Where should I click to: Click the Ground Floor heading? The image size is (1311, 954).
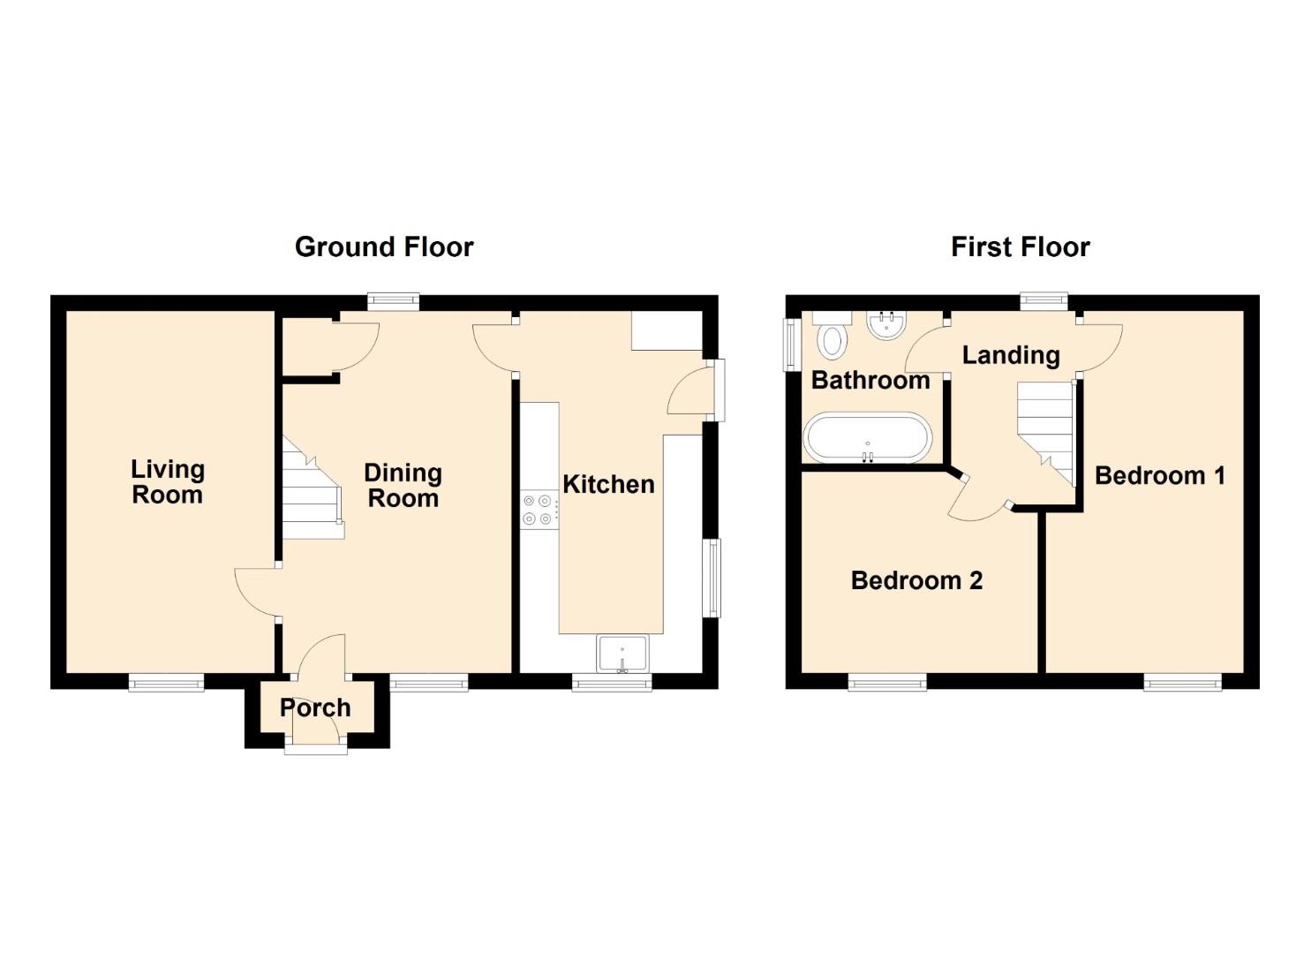(x=384, y=247)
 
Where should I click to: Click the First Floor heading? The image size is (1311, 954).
(x=1021, y=247)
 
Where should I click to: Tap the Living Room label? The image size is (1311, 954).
(x=168, y=482)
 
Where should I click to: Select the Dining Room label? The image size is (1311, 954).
(x=403, y=486)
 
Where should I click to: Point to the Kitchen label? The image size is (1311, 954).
(x=608, y=484)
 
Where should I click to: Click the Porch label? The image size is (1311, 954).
(x=315, y=708)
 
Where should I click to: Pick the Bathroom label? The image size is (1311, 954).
(x=870, y=381)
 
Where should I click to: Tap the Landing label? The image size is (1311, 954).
(x=1011, y=355)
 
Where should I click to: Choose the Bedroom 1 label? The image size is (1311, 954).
(x=1160, y=475)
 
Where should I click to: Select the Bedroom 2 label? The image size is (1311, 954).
(x=916, y=580)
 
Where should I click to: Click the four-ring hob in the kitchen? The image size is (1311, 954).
(x=539, y=510)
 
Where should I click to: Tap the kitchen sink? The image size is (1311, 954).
(x=622, y=654)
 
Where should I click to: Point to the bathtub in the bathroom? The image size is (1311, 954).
(x=867, y=439)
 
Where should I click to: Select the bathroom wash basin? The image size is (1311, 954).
(x=886, y=324)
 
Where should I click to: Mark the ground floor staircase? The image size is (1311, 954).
(x=313, y=488)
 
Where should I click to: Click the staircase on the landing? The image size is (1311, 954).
(x=1046, y=434)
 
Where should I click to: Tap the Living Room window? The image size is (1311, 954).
(x=166, y=683)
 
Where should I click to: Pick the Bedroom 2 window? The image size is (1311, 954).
(x=887, y=683)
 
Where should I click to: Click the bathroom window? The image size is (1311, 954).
(x=793, y=344)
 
